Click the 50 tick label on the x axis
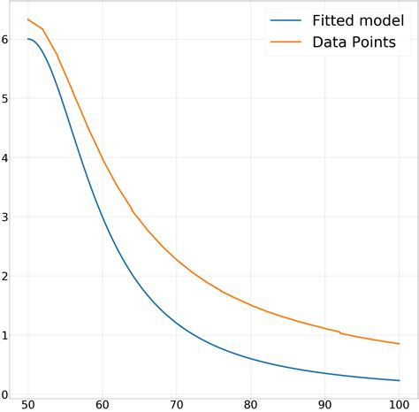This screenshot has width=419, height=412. pyautogui.click(x=28, y=403)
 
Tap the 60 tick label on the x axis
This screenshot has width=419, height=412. pyautogui.click(x=103, y=403)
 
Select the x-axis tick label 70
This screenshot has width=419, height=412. pyautogui.click(x=177, y=403)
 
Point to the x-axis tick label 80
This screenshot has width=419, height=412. pyautogui.click(x=251, y=403)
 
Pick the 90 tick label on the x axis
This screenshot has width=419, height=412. pyautogui.click(x=325, y=403)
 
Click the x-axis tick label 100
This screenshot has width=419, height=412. pyautogui.click(x=400, y=403)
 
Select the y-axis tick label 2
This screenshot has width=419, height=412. pyautogui.click(x=5, y=277)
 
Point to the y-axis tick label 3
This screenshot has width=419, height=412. pyautogui.click(x=5, y=217)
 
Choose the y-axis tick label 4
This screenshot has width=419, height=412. pyautogui.click(x=5, y=158)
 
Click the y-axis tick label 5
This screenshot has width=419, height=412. pyautogui.click(x=5, y=99)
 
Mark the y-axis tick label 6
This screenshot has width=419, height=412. pyautogui.click(x=5, y=40)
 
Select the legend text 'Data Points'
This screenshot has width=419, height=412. pyautogui.click(x=353, y=42)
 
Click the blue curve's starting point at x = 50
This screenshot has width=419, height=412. pyautogui.click(x=28, y=39)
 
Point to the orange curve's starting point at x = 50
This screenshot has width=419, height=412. pyautogui.click(x=28, y=19)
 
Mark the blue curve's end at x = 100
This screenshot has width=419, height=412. pyautogui.click(x=400, y=380)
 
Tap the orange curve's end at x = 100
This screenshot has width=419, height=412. pyautogui.click(x=400, y=344)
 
